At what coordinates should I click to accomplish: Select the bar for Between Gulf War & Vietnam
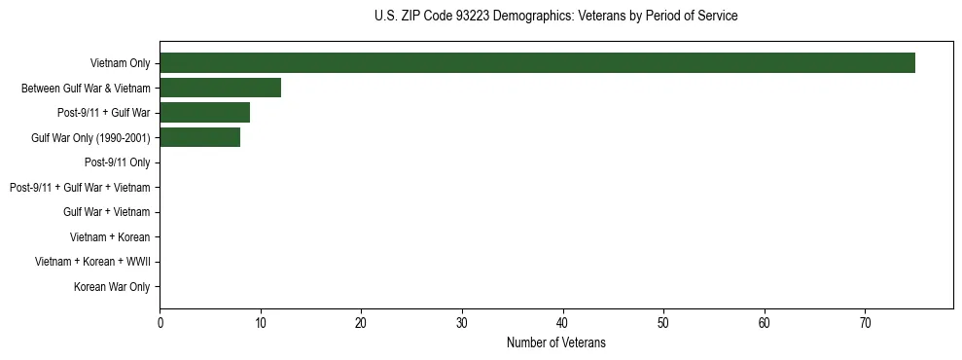pyautogui.click(x=220, y=88)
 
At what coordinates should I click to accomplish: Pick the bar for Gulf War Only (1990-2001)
pyautogui.click(x=199, y=138)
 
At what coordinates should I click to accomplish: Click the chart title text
pyautogui.click(x=555, y=17)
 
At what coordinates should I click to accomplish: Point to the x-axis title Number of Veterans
pyautogui.click(x=555, y=342)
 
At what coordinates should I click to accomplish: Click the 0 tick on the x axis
pyautogui.click(x=160, y=322)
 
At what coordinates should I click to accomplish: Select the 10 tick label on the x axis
pyautogui.click(x=261, y=322)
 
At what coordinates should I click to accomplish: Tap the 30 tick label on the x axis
pyautogui.click(x=462, y=322)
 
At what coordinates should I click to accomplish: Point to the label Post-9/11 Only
pyautogui.click(x=117, y=162)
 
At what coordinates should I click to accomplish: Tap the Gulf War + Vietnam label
pyautogui.click(x=106, y=212)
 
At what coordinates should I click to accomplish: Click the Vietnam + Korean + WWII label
pyautogui.click(x=92, y=262)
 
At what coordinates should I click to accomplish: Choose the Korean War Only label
pyautogui.click(x=112, y=287)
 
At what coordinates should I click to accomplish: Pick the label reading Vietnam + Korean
pyautogui.click(x=110, y=237)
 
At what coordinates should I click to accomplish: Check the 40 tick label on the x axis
pyautogui.click(x=562, y=322)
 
